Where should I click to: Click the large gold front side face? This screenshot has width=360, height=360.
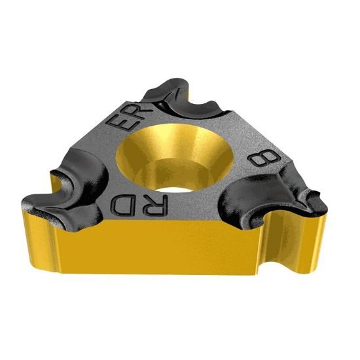click(x=157, y=262)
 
